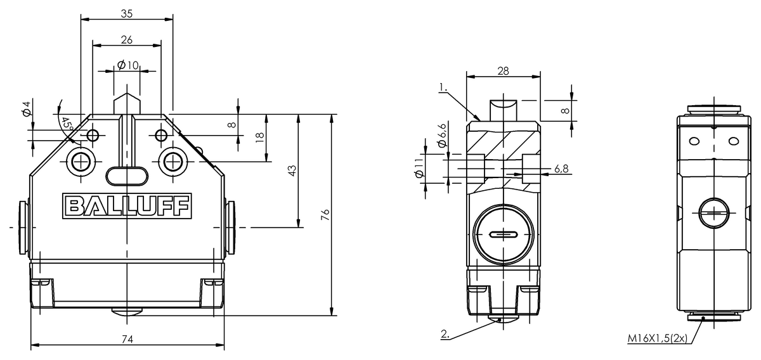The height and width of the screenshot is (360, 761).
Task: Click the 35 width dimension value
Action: click(x=126, y=13)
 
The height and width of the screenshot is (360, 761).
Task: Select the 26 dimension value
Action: click(x=126, y=40)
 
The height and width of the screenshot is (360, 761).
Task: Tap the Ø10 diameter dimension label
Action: click(x=127, y=65)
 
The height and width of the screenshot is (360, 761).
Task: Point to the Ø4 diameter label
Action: click(x=26, y=108)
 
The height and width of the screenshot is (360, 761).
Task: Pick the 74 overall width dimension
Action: click(x=127, y=340)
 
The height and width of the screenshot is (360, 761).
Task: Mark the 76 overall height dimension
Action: click(x=325, y=215)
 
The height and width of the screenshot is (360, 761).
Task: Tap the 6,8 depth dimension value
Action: click(x=561, y=169)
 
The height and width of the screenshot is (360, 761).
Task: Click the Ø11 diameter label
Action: click(x=418, y=170)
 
